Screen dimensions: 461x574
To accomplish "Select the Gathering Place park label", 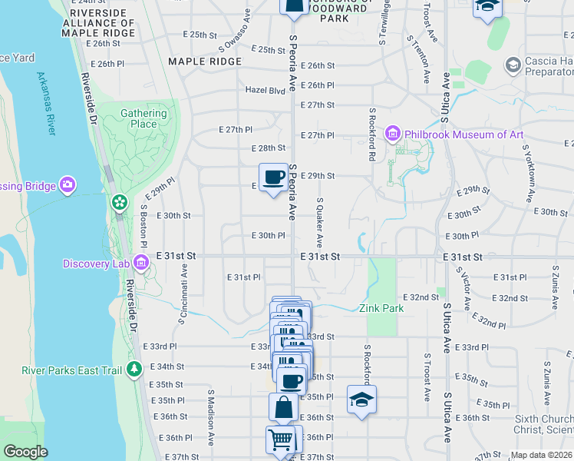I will click(143, 118).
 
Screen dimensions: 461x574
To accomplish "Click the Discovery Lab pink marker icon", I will click(140, 264).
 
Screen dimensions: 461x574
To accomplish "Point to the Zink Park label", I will click(381, 309).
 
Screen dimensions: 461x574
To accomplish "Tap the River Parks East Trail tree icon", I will click(135, 370).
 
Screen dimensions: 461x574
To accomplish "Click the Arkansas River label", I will click(46, 104).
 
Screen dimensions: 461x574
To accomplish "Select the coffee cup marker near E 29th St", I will click(273, 178).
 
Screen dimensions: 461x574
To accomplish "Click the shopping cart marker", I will click(281, 440).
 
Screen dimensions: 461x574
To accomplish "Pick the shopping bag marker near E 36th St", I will click(283, 407).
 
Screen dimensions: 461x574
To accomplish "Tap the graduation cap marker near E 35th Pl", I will click(361, 400).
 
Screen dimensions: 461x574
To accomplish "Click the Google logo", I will click(25, 452).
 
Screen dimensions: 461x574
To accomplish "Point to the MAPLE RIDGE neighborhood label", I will click(205, 61).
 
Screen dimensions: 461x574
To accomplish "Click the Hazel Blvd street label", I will click(265, 90).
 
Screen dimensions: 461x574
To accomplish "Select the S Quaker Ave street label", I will click(320, 221).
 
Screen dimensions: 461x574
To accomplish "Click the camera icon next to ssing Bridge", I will click(68, 184).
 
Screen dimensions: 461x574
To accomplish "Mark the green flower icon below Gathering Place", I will click(119, 202).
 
